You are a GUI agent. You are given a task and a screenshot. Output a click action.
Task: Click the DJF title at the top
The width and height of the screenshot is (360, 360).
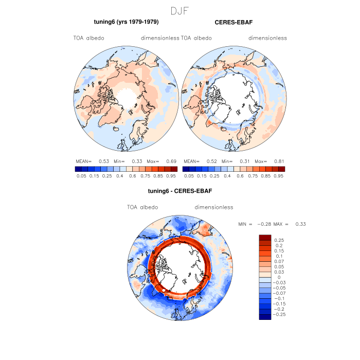click(x=180, y=10)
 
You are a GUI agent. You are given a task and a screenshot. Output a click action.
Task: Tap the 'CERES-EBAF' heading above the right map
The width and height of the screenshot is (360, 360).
click(x=233, y=22)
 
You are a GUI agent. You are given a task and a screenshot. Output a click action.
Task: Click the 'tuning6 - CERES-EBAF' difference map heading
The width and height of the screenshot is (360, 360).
click(x=180, y=191)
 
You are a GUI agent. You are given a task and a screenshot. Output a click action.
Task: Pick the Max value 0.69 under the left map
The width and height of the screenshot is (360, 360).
click(x=171, y=161)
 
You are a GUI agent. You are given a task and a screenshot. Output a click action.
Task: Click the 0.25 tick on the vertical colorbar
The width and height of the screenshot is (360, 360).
click(x=279, y=240)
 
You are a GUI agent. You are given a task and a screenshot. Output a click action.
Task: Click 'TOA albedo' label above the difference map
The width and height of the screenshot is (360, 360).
click(x=142, y=207)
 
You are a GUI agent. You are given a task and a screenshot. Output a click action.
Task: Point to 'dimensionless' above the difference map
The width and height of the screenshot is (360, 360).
click(x=214, y=207)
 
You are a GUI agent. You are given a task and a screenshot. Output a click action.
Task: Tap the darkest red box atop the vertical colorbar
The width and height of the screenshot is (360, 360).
click(x=265, y=237)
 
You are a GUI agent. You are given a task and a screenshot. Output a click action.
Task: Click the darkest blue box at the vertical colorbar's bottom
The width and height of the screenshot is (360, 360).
click(x=265, y=317)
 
